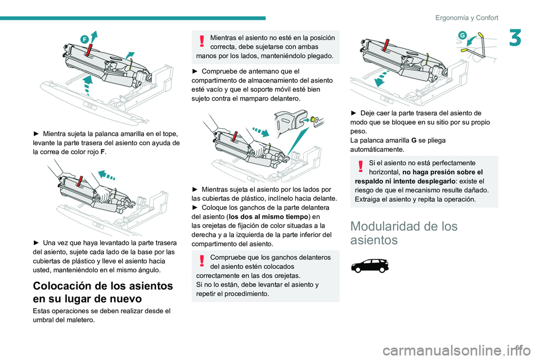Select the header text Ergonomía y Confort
point(466,17)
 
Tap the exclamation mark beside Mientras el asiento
point(202,43)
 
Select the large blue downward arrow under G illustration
point(380,78)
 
